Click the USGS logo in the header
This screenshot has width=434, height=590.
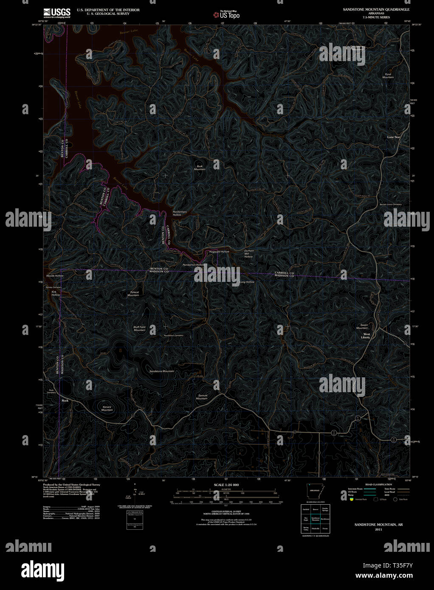[57, 12]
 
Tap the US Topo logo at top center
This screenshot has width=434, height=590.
[227, 14]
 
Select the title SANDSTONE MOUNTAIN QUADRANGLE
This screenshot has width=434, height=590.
[376, 9]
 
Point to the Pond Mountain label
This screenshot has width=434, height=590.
[388, 76]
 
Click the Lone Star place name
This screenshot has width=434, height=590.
[393, 137]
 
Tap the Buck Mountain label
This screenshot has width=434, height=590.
[200, 168]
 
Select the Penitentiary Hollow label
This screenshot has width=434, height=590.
[180, 213]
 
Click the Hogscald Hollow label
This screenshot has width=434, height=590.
[219, 252]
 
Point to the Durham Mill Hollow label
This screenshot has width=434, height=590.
[249, 253]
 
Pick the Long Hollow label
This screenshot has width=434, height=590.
[247, 282]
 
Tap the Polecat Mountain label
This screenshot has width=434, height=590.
[133, 294]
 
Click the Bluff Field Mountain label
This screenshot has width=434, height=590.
[140, 328]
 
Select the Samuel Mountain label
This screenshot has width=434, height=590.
[202, 397]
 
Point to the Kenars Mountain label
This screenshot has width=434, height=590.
[107, 408]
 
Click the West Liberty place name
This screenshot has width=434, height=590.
[366, 336]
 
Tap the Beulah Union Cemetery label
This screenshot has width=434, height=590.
[391, 204]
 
